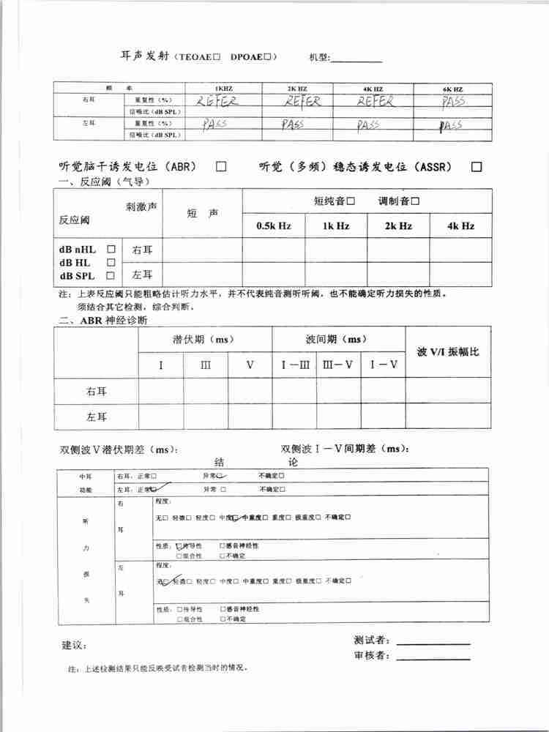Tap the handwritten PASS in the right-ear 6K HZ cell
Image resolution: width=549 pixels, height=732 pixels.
(453, 101)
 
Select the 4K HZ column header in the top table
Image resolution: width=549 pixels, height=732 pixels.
(373, 89)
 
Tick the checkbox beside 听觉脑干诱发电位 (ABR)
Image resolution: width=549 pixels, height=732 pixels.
(221, 167)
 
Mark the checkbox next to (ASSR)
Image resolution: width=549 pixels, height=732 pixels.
(477, 167)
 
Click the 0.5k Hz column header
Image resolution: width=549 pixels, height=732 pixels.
(274, 226)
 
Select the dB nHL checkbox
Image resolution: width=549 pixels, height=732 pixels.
(112, 249)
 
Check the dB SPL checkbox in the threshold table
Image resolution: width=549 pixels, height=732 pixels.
(112, 276)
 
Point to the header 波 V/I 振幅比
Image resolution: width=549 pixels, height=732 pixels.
(448, 352)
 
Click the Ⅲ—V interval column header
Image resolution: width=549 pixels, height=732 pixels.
(338, 365)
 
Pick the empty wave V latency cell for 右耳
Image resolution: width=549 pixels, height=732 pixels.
(250, 391)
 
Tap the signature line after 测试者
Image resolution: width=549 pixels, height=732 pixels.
(433, 643)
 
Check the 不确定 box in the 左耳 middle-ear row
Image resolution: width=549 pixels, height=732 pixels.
(282, 490)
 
